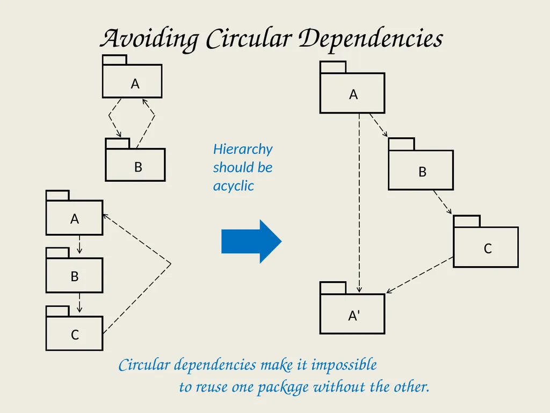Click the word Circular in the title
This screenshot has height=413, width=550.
249,38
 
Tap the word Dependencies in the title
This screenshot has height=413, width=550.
371,39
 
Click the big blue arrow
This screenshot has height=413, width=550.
251,241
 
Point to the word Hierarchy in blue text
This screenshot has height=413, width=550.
243,149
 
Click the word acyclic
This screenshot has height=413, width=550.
233,186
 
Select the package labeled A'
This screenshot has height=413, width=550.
352,308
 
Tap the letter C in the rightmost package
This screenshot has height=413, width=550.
488,248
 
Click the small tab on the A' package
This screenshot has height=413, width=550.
333,288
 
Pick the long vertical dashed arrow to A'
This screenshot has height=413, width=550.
359,203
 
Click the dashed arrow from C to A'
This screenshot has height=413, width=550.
419,275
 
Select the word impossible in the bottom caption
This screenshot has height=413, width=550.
344,365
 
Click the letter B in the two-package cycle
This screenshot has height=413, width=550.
138,167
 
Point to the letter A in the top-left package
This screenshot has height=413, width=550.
135,84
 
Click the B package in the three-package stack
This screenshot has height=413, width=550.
74,270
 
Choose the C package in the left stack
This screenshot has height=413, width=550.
74,328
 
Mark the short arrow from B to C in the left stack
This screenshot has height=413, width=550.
79,302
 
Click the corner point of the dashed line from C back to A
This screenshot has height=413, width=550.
171,264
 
